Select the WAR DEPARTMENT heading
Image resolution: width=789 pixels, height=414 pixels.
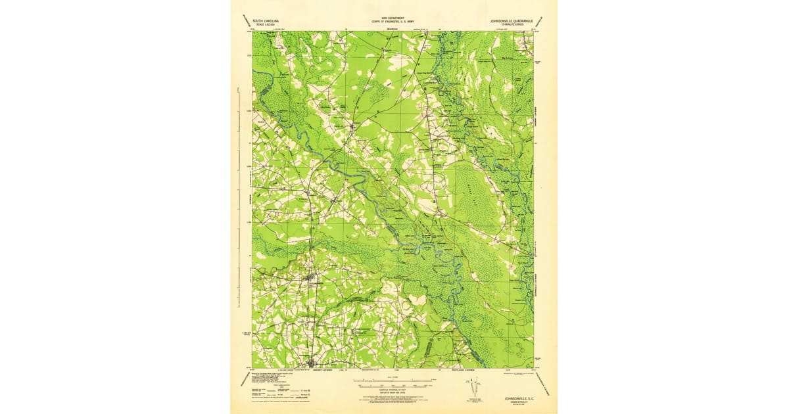[x=393, y=18]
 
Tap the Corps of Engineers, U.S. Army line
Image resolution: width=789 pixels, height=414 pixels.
[x=393, y=22]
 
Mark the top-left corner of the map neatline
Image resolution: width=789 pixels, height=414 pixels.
[x=253, y=32]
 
